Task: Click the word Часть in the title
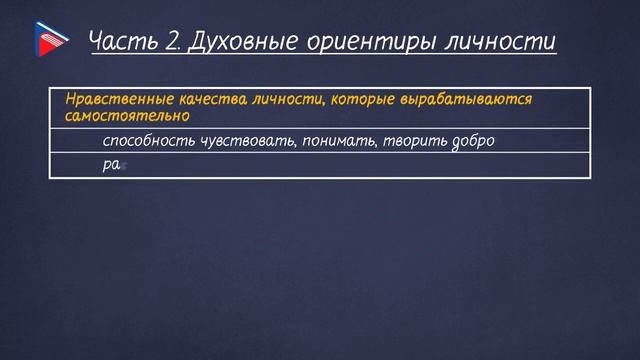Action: point(118,41)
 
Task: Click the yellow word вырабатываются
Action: point(456,100)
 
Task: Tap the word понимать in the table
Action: point(336,141)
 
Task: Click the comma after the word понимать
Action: point(376,145)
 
